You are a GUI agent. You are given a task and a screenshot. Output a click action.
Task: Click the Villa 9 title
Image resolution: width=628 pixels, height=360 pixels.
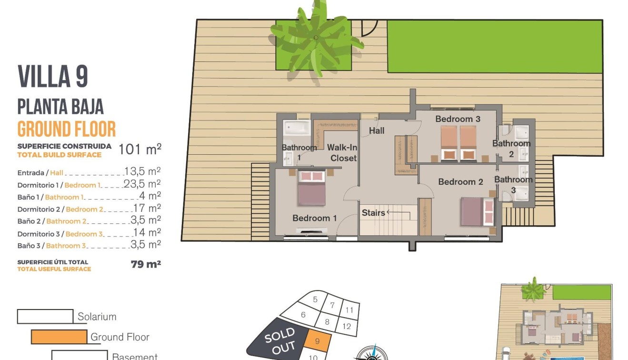[x=53, y=77]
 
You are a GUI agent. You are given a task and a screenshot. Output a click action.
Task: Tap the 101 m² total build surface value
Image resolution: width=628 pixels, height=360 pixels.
[x=140, y=149]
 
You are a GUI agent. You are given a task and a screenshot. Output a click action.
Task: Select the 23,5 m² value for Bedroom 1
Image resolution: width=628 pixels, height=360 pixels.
[x=142, y=184]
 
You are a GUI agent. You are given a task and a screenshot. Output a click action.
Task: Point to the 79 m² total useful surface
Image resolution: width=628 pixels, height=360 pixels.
[x=146, y=264]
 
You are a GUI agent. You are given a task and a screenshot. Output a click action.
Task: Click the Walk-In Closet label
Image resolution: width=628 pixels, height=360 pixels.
[x=342, y=153]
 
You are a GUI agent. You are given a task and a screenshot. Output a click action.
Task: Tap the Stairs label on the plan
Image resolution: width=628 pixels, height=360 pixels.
[x=373, y=213]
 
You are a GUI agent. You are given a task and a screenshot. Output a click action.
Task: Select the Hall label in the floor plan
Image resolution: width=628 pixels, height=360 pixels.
[x=377, y=130]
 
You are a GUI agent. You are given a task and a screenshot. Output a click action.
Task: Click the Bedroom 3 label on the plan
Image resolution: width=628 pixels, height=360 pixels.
[x=458, y=119]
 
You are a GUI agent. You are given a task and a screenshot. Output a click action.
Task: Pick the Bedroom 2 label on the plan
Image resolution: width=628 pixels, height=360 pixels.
[x=460, y=181]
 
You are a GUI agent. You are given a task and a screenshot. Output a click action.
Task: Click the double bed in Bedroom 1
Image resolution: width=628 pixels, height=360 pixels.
[x=312, y=188]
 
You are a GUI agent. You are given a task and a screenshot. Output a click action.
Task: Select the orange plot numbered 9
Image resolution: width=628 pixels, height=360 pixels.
[x=317, y=341]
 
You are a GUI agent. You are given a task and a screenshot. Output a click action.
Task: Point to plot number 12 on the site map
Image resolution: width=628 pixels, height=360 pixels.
[x=347, y=326]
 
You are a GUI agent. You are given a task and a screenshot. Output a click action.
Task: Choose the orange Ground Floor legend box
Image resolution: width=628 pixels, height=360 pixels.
[x=59, y=337]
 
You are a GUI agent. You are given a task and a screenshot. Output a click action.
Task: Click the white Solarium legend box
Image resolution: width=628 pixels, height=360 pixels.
[x=45, y=316]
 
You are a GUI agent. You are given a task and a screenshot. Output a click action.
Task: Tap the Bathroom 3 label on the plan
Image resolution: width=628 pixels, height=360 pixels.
[x=513, y=184]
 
